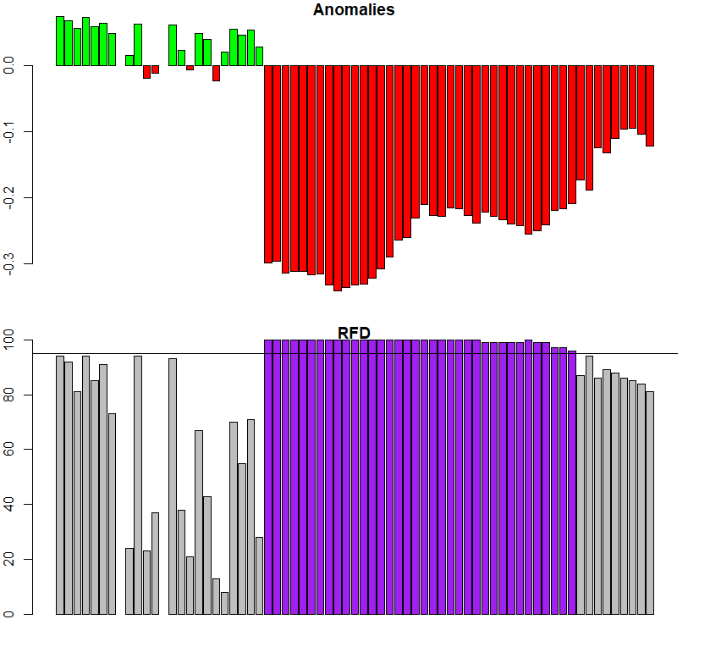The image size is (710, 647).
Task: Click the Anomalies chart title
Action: pyautogui.click(x=354, y=10)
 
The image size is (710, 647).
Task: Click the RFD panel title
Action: pyautogui.click(x=355, y=333)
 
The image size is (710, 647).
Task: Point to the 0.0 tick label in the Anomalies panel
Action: pyautogui.click(x=9, y=65)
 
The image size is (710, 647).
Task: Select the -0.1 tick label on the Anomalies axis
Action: pyautogui.click(x=9, y=131)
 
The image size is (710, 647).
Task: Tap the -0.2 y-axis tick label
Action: pyautogui.click(x=9, y=197)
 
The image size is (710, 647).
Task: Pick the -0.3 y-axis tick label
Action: pyautogui.click(x=9, y=263)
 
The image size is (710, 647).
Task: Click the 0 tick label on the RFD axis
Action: pyautogui.click(x=9, y=614)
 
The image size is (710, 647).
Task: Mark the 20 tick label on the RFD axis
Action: pyautogui.click(x=9, y=559)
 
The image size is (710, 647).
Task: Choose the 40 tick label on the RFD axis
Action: pyautogui.click(x=9, y=504)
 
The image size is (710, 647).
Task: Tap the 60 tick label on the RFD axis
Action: pyautogui.click(x=9, y=449)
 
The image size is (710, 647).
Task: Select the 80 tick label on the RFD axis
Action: pyautogui.click(x=9, y=395)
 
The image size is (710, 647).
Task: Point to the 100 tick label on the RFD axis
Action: pyautogui.click(x=9, y=340)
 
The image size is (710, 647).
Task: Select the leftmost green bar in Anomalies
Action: pyautogui.click(x=60, y=41)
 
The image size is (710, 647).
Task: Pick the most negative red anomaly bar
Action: pyautogui.click(x=338, y=178)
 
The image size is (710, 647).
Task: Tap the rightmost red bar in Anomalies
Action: pyautogui.click(x=650, y=106)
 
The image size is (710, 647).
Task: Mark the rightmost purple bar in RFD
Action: pyautogui.click(x=572, y=483)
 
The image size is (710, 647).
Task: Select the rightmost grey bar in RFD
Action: pyautogui.click(x=650, y=503)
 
